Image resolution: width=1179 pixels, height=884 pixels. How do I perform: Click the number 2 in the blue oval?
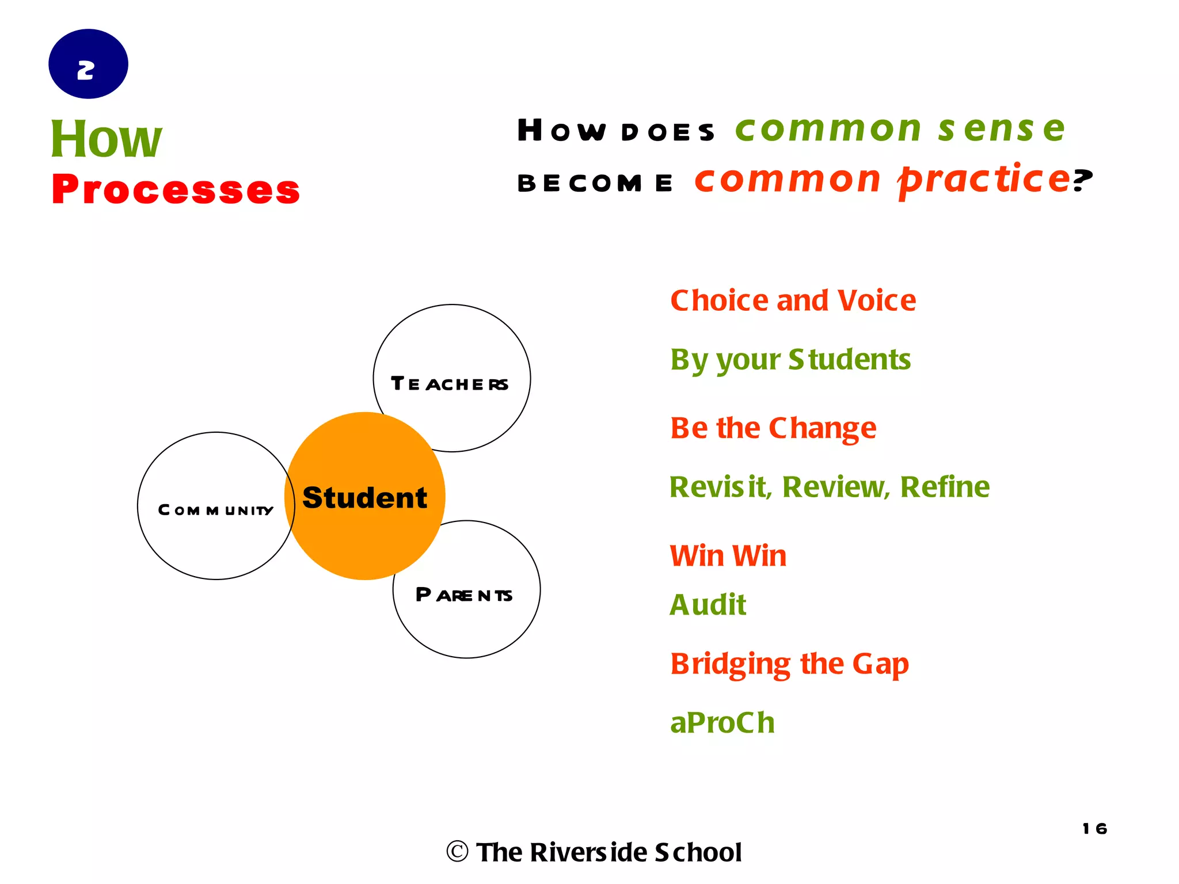[x=86, y=70]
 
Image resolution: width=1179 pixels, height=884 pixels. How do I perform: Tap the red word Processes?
[x=176, y=189]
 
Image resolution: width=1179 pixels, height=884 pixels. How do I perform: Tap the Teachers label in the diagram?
[x=450, y=384]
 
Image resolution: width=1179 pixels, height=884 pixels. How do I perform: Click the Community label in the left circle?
[x=215, y=510]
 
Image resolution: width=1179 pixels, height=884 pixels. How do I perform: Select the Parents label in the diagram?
[x=464, y=595]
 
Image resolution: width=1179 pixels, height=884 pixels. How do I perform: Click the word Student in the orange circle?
[x=365, y=497]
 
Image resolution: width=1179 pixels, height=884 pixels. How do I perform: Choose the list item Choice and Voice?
[x=793, y=300]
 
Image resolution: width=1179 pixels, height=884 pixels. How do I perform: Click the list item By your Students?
[x=790, y=360]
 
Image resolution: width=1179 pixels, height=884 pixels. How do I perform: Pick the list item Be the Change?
[x=773, y=428]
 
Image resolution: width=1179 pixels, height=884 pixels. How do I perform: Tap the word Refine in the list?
[x=945, y=487]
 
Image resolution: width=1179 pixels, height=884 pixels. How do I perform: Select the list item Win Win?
[x=728, y=556]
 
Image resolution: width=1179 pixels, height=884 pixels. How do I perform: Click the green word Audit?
[x=708, y=605]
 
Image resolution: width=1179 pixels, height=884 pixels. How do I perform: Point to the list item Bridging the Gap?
[x=789, y=664]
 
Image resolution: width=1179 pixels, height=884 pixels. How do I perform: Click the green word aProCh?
[x=722, y=723]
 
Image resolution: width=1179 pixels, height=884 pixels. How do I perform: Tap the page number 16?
[x=1094, y=829]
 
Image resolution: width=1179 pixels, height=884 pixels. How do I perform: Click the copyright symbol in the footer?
[x=458, y=852]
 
